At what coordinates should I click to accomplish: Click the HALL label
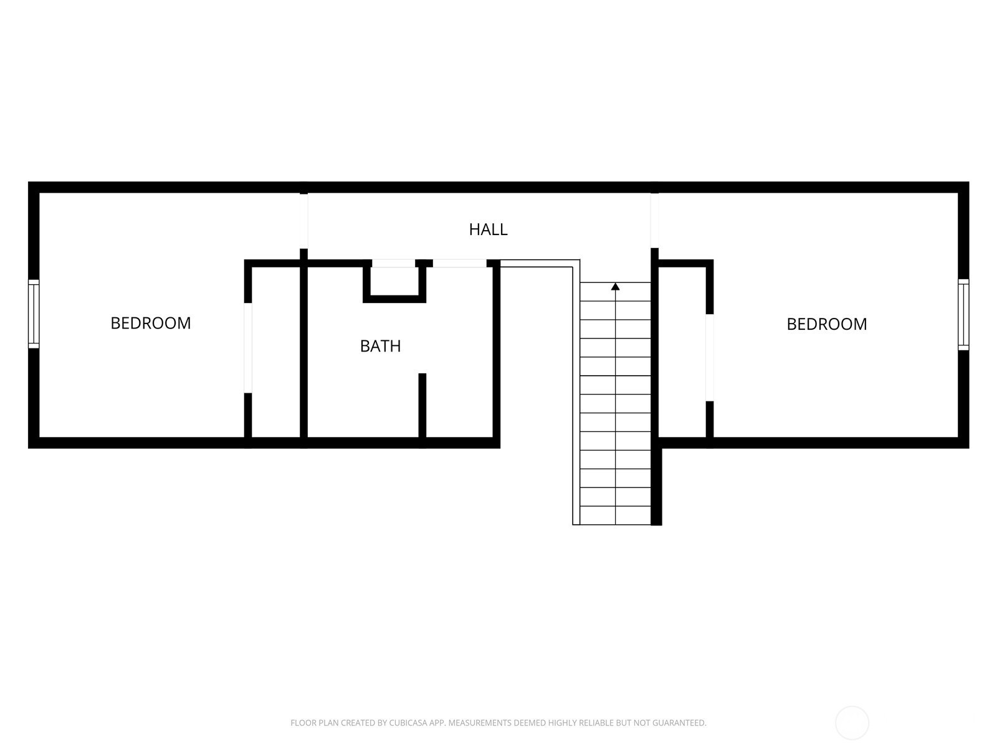pyautogui.click(x=489, y=229)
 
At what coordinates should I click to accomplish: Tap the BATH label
pyautogui.click(x=380, y=346)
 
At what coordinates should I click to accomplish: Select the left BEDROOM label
pyautogui.click(x=151, y=323)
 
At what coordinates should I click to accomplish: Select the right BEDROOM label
pyautogui.click(x=827, y=324)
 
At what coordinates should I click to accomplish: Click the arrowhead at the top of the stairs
pyautogui.click(x=615, y=286)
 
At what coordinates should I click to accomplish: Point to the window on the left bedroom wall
pyautogui.click(x=34, y=314)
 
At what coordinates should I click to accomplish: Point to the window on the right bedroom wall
pyautogui.click(x=963, y=314)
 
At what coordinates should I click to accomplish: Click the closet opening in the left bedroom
pyautogui.click(x=248, y=347)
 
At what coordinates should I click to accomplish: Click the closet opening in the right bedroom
pyautogui.click(x=710, y=357)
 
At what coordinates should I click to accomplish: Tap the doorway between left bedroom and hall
pyautogui.click(x=304, y=221)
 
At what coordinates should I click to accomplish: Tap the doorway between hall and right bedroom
pyautogui.click(x=654, y=220)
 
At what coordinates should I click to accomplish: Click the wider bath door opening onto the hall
pyautogui.click(x=460, y=264)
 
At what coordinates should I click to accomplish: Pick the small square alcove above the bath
pyautogui.click(x=394, y=282)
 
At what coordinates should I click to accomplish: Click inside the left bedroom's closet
pyautogui.click(x=275, y=352)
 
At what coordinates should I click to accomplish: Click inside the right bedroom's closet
pyautogui.click(x=682, y=352)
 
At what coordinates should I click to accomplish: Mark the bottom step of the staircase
pyautogui.click(x=615, y=515)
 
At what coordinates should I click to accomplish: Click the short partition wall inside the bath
pyautogui.click(x=422, y=405)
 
